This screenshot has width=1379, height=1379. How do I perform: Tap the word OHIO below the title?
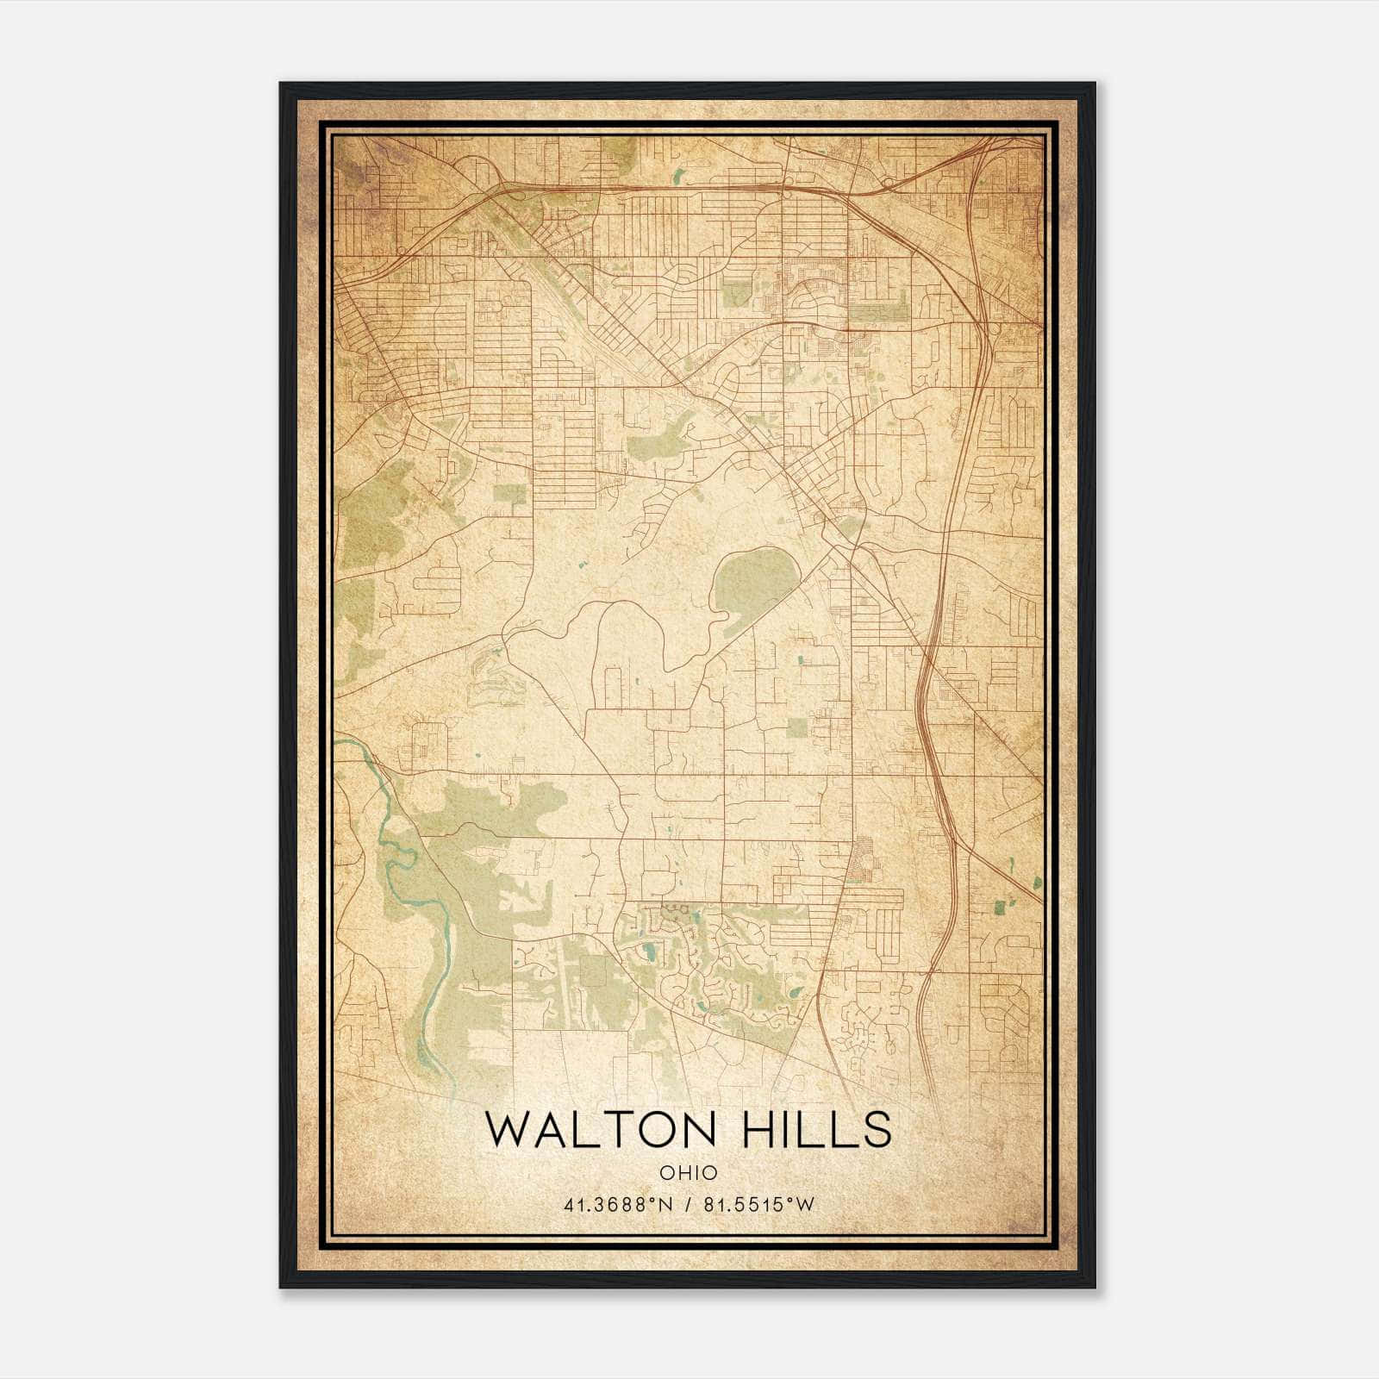click(x=688, y=1173)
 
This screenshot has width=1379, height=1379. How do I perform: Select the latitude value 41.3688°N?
click(x=617, y=1205)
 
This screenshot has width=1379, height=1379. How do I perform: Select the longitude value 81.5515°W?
click(x=758, y=1205)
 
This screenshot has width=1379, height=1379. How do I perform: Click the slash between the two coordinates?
click(x=688, y=1205)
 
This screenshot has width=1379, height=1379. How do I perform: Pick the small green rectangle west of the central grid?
click(x=509, y=495)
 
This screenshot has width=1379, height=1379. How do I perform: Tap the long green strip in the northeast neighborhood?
click(x=879, y=311)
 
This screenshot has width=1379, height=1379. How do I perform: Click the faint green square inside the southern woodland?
click(x=594, y=971)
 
